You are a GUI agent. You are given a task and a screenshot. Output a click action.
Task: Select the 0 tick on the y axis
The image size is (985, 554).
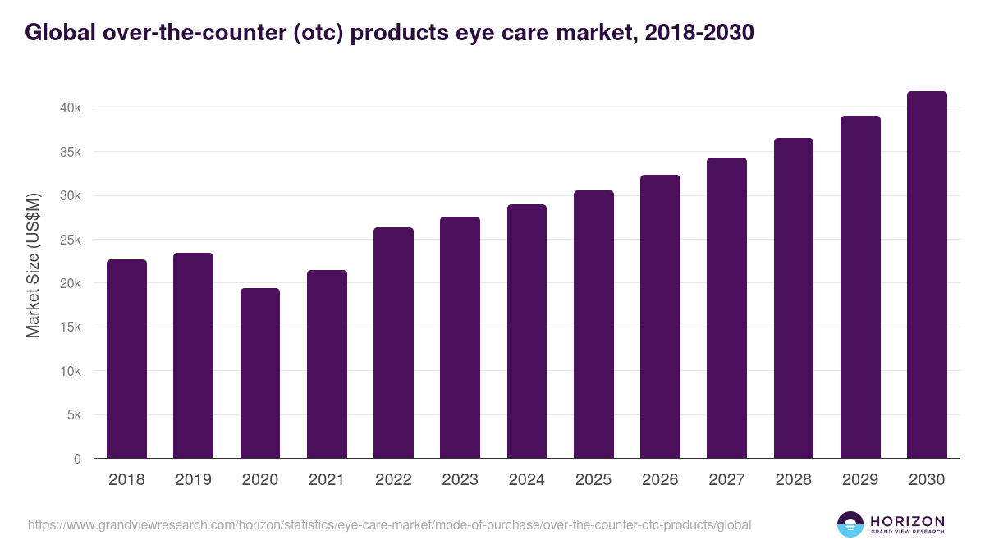coord(77,459)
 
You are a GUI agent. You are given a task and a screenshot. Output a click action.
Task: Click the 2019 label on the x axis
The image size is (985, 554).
coord(193,479)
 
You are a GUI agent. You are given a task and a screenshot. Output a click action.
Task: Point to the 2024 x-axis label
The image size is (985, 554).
coord(526,479)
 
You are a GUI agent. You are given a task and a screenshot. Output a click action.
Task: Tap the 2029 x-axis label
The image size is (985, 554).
coord(860,479)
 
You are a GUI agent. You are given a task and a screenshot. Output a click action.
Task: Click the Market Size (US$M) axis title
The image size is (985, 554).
coord(33,265)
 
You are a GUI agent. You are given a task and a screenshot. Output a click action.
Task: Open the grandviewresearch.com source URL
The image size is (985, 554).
coord(389,524)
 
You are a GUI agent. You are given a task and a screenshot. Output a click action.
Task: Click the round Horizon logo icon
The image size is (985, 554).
coord(850,524)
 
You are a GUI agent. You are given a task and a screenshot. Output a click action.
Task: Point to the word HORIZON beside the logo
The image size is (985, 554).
coord(907,520)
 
